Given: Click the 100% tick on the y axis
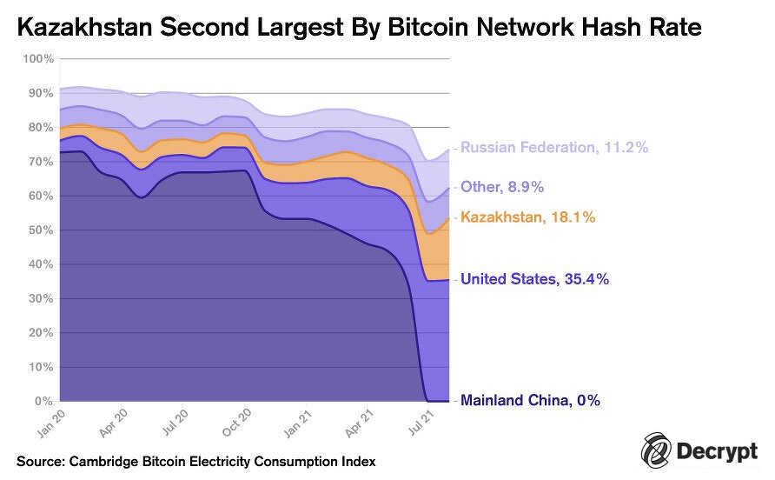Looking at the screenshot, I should (38, 58).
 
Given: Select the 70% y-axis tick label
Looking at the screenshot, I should (41, 161).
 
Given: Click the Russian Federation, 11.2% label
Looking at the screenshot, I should (554, 148).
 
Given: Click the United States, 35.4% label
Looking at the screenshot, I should (534, 279).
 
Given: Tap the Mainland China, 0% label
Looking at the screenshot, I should (530, 401).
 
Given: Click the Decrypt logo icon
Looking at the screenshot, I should (656, 451).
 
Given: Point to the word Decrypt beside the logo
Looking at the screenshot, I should (717, 452).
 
